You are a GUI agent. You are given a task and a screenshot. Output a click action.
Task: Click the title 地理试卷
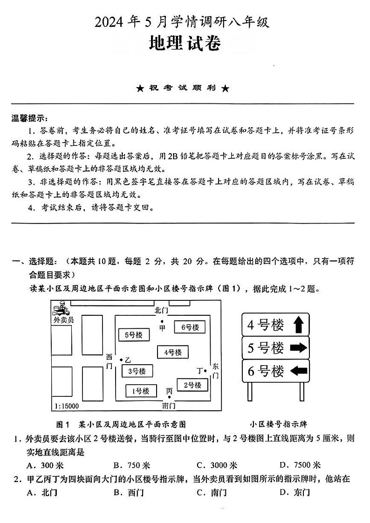(x=185, y=44)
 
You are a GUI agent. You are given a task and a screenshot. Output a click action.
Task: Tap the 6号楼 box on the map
(x=190, y=327)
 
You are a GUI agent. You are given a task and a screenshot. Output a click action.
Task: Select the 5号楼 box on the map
(x=133, y=335)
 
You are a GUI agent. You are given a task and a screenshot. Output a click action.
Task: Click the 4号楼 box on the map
(x=172, y=352)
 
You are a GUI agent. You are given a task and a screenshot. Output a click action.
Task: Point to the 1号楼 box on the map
(x=140, y=391)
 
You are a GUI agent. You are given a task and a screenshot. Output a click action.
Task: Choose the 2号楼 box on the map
(x=192, y=385)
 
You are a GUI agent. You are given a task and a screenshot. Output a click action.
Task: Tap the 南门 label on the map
(x=169, y=406)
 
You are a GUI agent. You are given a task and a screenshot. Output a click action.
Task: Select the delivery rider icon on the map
(x=60, y=309)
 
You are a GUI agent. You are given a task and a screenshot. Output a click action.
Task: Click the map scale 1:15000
(x=66, y=406)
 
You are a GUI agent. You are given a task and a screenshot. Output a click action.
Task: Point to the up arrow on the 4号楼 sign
(x=298, y=325)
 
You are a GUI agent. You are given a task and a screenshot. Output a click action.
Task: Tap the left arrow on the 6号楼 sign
(x=298, y=371)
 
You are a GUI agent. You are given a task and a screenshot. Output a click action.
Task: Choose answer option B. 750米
(x=131, y=465)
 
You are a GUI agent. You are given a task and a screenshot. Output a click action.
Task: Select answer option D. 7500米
(x=300, y=465)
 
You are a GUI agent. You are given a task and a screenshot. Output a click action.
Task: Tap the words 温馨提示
(x=30, y=118)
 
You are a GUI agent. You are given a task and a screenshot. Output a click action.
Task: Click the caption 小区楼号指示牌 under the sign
(x=278, y=424)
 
